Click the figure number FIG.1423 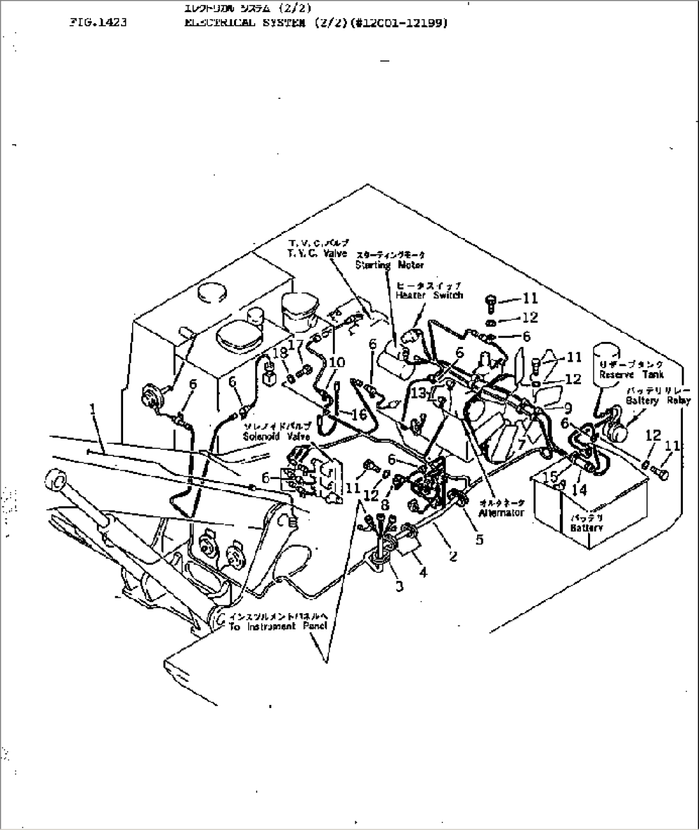tap(97, 22)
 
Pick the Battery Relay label tap(659, 400)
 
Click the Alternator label tap(501, 512)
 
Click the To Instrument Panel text tap(278, 626)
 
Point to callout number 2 tap(453, 556)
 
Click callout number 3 tap(399, 586)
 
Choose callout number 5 tap(480, 539)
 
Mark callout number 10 tap(337, 364)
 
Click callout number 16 tap(358, 414)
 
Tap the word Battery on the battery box tap(586, 527)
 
